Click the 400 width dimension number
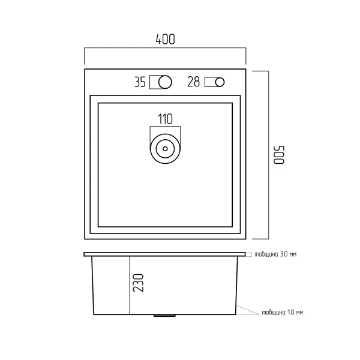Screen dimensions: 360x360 [x=166, y=39]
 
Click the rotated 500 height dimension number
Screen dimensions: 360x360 [x=279, y=155]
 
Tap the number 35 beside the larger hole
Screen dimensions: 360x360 [x=140, y=82]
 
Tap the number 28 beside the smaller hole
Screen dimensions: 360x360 [x=194, y=82]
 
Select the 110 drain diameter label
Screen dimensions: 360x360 [x=166, y=119]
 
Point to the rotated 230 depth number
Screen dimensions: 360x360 [x=138, y=283]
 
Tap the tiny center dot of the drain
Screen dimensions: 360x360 [x=165, y=149]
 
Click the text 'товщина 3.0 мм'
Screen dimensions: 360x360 [x=275, y=254]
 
